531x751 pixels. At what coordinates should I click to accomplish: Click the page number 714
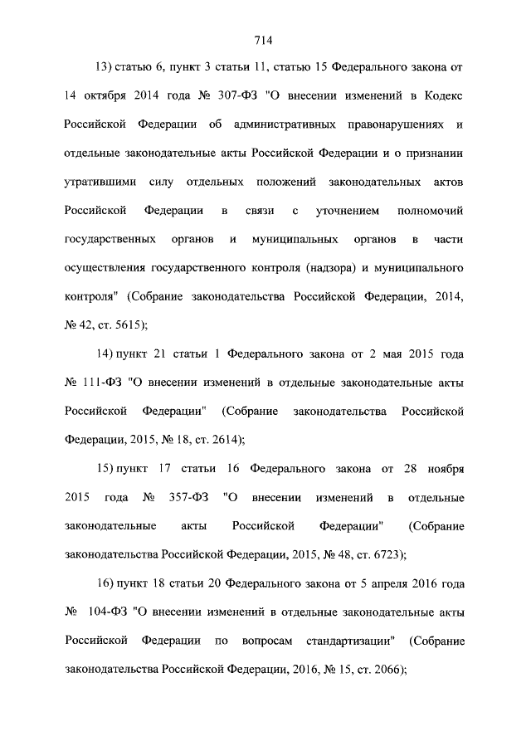[x=265, y=39]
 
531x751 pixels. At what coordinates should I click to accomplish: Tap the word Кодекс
[x=439, y=95]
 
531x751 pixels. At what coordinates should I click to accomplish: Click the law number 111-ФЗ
[x=102, y=383]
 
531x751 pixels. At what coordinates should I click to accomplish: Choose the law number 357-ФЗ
[x=187, y=498]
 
